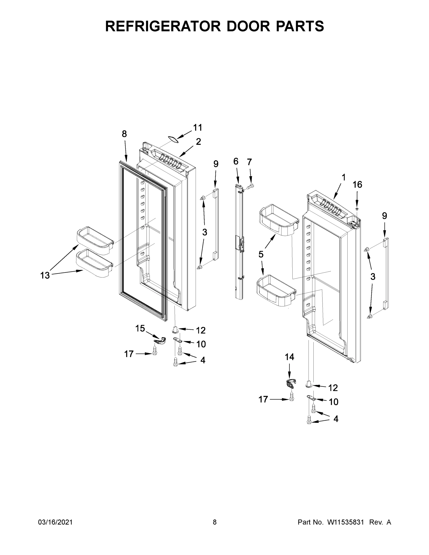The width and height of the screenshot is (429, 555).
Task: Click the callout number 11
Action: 198,128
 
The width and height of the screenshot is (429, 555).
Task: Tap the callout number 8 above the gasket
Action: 124,134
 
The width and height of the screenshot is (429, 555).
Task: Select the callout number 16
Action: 357,185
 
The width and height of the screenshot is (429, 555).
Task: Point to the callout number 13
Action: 45,275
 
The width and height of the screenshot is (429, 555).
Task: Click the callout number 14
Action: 289,357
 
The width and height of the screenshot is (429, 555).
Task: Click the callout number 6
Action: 236,161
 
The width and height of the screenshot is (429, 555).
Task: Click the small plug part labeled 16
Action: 357,209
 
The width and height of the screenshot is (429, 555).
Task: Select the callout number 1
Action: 343,177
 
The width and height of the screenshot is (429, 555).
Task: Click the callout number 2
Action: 198,142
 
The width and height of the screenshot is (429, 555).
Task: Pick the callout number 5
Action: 261,254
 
